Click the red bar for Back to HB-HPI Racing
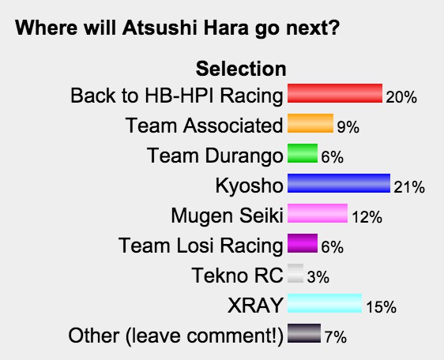335,93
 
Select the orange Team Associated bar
310,123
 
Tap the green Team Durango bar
303,153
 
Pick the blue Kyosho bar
339,183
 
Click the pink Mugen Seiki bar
318,213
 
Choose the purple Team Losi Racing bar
303,243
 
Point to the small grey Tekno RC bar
295,273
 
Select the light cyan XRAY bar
325,303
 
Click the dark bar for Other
304,333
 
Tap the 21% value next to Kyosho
409,187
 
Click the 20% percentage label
401,97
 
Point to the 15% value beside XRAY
381,307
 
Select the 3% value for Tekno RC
318,277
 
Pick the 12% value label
367,217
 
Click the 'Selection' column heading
241,69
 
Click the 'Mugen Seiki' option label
227,216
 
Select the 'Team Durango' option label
215,156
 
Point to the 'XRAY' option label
255,306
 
